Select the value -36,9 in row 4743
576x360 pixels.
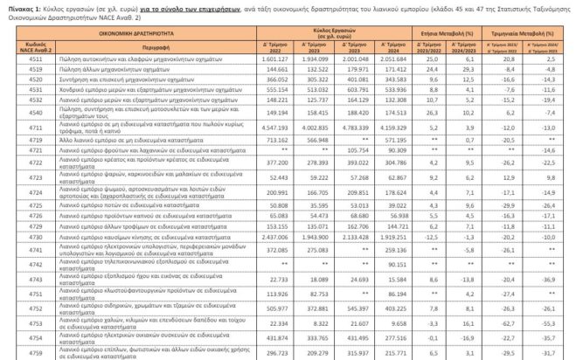point(563,279)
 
